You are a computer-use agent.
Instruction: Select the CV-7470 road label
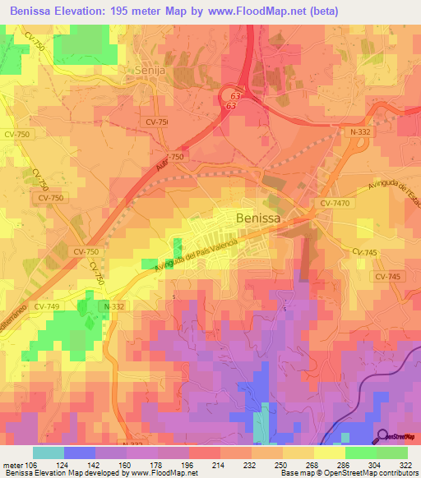pyautogui.click(x=336, y=201)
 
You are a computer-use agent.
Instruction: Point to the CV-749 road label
pyautogui.click(x=49, y=306)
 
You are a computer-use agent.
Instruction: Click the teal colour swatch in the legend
pyautogui.click(x=49, y=453)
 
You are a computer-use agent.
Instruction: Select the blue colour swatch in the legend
pyautogui.click(x=80, y=453)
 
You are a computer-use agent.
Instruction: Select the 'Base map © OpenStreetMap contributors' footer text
pyautogui.click(x=349, y=472)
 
